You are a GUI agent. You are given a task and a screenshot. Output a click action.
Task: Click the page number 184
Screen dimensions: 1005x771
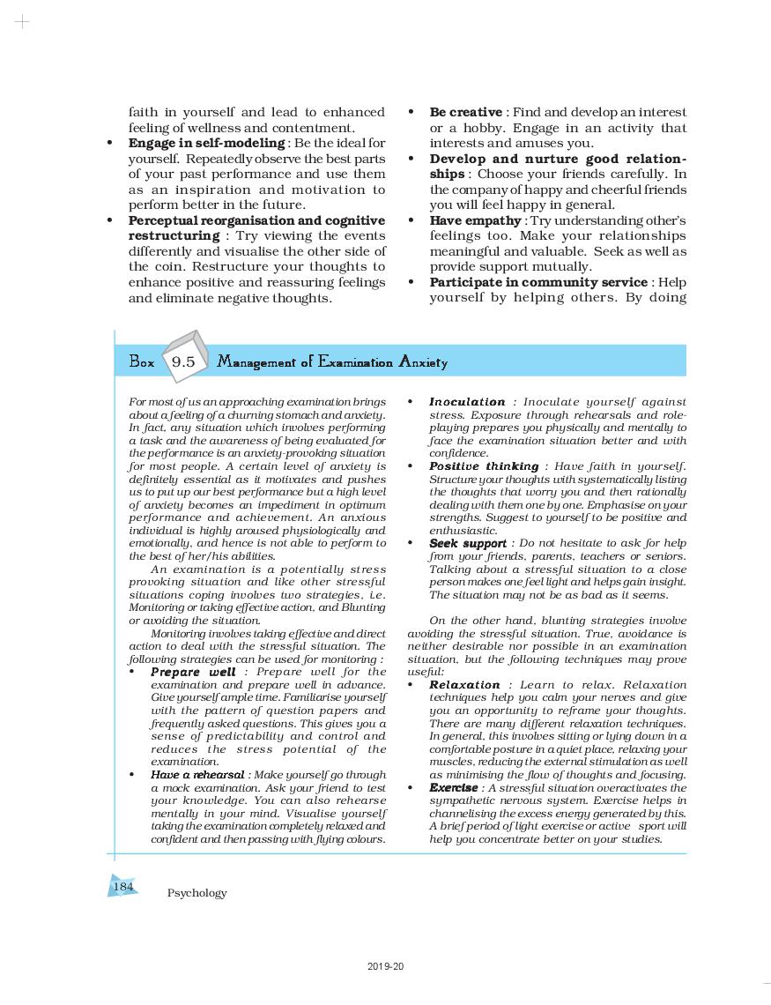(123, 886)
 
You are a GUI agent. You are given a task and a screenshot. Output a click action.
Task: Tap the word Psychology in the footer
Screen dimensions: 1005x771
(196, 893)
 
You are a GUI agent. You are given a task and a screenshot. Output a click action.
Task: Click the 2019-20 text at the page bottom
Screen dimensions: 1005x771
(386, 967)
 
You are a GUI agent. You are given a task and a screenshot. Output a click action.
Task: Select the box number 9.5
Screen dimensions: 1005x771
(183, 362)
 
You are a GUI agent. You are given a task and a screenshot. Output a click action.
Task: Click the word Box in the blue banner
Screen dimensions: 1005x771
(141, 362)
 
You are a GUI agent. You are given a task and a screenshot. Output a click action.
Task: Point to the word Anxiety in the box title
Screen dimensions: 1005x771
(423, 362)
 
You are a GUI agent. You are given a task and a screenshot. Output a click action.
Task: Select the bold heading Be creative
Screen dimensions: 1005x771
(465, 113)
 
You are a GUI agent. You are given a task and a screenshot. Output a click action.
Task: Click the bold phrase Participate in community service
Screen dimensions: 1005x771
(538, 282)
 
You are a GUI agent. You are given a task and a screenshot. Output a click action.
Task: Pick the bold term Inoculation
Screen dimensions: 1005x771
(467, 402)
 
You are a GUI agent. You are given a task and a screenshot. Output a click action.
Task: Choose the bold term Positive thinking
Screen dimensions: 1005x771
(484, 466)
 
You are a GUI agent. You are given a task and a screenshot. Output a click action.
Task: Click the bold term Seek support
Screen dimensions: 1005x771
(467, 544)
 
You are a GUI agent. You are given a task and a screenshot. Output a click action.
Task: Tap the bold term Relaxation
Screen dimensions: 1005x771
(464, 685)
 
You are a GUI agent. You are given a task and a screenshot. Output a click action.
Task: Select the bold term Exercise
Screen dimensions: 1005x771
(453, 788)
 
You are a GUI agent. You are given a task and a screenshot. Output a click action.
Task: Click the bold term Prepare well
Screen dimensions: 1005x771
(193, 673)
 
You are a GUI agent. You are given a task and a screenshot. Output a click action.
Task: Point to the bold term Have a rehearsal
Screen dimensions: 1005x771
(197, 775)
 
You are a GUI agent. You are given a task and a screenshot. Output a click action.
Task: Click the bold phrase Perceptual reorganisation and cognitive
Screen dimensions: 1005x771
(256, 220)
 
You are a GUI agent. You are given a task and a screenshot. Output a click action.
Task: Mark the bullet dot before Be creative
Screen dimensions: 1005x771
(411, 113)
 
